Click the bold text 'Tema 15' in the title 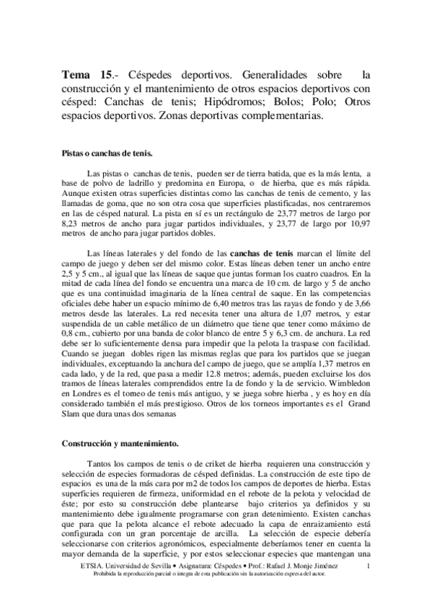pyautogui.click(x=87, y=74)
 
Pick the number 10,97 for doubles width pyautogui.click(x=357, y=225)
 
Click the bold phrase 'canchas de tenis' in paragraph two pyautogui.click(x=262, y=254)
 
